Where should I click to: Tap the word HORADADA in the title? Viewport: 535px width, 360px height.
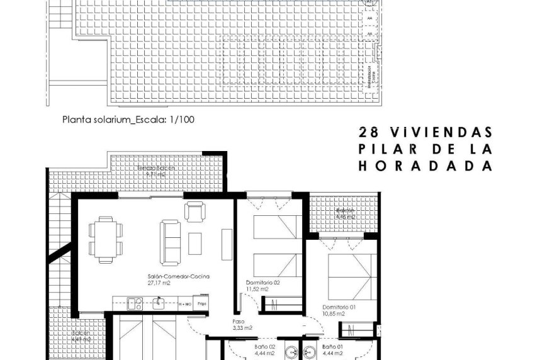point(425,166)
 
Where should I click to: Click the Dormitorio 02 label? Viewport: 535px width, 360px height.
point(263,283)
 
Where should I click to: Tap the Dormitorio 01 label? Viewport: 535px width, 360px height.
point(332,307)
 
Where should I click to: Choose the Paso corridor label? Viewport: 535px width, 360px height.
point(239,320)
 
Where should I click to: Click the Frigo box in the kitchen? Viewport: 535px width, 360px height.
point(202,303)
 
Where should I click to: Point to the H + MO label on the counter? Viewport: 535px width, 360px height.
point(185,303)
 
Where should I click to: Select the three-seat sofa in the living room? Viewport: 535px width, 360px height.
point(169,241)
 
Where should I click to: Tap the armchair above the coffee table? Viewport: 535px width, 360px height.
point(194,211)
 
